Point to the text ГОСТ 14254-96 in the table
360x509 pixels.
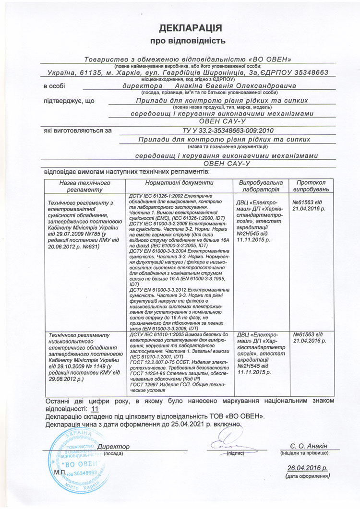click(147, 374)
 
